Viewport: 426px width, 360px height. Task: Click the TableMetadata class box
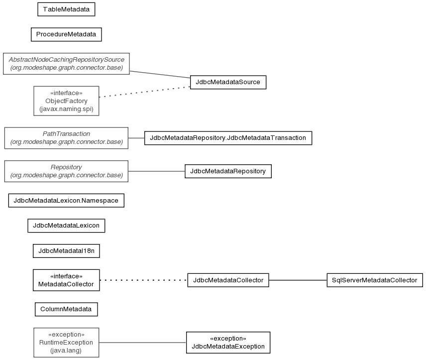(66, 9)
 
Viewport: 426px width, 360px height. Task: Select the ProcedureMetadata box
(66, 34)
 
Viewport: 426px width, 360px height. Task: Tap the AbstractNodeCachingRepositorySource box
(66, 64)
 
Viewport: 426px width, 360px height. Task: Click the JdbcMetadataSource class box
(228, 82)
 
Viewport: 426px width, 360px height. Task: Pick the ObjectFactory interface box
(66, 101)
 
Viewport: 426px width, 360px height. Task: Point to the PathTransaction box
(66, 138)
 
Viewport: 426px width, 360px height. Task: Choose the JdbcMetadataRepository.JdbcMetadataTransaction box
(228, 138)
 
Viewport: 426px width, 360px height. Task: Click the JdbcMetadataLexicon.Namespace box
(66, 200)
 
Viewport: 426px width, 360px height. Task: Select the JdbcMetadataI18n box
(66, 250)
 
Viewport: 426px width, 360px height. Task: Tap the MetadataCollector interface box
(66, 280)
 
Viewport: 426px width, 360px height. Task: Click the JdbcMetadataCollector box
(228, 280)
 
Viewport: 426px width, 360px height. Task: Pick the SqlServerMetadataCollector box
(375, 280)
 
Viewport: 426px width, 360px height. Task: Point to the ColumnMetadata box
(66, 309)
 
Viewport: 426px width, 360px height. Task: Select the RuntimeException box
(66, 343)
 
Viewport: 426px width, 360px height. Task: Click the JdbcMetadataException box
(228, 343)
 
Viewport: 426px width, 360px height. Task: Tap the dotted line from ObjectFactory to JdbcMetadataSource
(144, 92)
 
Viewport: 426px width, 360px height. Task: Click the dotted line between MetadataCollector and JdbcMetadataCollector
(143, 280)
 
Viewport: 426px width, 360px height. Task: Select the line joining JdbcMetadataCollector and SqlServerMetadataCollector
(298, 280)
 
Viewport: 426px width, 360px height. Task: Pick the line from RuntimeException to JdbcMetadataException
(143, 343)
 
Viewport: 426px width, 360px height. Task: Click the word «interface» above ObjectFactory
(66, 93)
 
